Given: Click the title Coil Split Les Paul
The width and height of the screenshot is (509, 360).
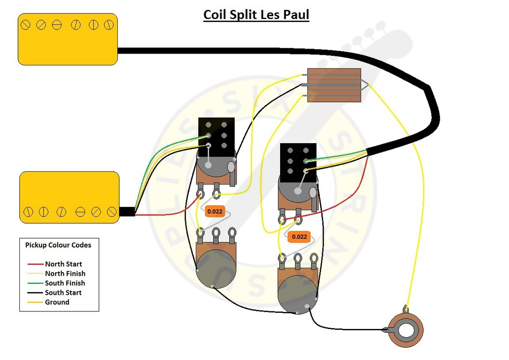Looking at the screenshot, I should pos(256,14).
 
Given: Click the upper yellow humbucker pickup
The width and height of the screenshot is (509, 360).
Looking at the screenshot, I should pos(67,39).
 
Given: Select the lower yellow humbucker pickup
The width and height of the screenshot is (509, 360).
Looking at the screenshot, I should pos(69,197).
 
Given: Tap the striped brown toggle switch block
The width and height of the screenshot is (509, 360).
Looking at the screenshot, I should pos(334,85).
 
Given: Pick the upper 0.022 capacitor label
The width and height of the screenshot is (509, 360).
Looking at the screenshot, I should pos(214,211).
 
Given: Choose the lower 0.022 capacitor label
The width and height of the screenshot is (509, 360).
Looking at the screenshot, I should pos(299,237).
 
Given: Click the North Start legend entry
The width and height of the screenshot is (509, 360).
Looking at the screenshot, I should pos(63,264).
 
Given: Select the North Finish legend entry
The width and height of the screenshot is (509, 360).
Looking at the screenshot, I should pos(65,274).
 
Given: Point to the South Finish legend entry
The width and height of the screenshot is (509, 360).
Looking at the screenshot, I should pos(65,283).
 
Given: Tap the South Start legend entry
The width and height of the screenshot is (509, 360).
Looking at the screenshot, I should pos(63,292).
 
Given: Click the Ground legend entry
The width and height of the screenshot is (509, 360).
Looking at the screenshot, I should pos(57,302).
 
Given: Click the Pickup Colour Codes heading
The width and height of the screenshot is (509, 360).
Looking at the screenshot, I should pos(58,245).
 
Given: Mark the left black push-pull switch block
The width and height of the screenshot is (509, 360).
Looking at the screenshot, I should pos(216,134).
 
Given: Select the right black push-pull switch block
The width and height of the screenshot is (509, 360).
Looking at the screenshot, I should pos(298,160).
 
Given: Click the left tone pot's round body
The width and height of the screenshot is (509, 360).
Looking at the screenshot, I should pos(216,268).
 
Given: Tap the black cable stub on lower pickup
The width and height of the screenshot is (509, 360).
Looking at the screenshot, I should pos(127,212).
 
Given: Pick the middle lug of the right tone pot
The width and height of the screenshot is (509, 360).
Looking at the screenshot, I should pos(298,258).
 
